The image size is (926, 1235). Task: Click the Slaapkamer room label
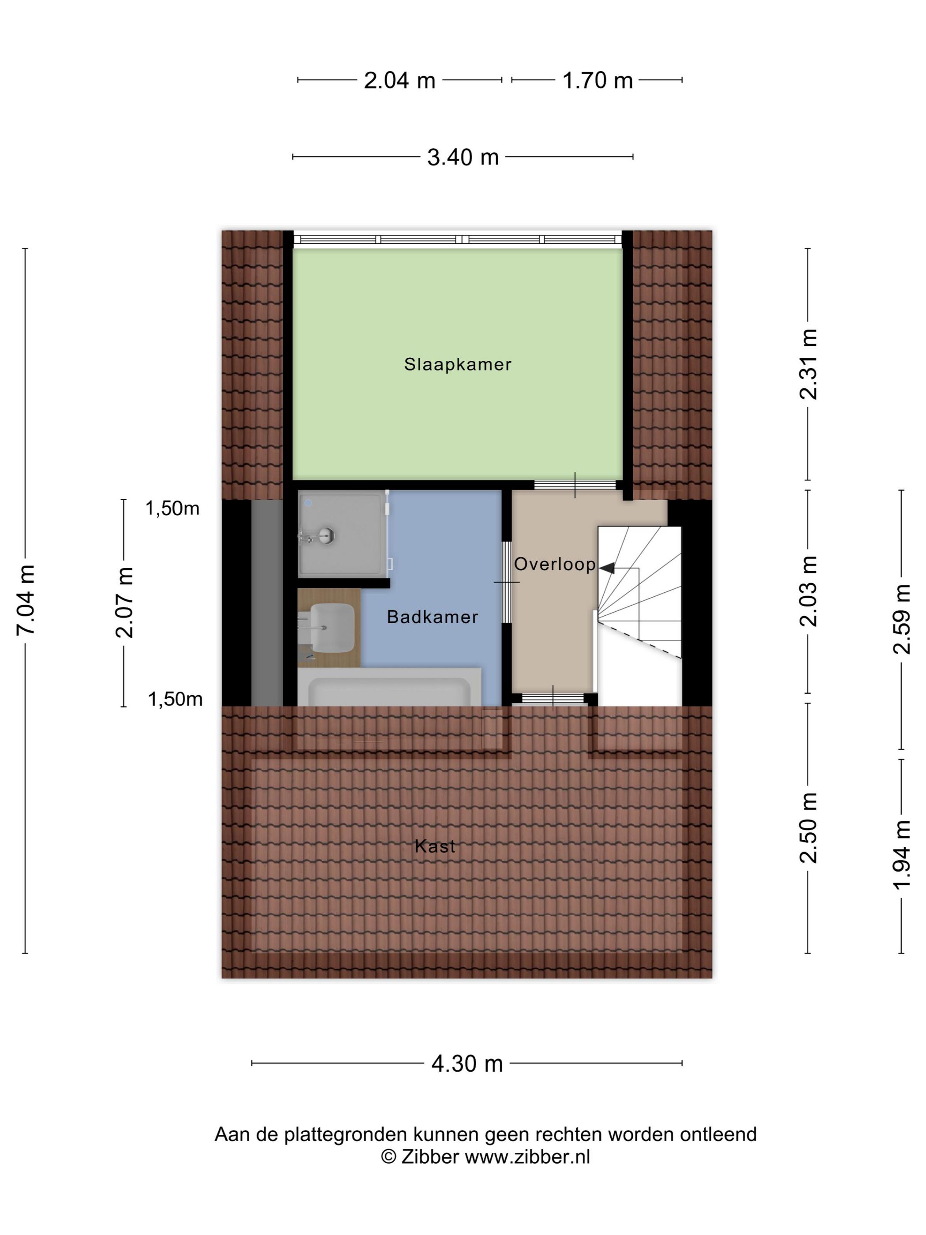click(458, 365)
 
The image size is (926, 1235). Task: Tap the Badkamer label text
click(433, 617)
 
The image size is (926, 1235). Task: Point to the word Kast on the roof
click(435, 846)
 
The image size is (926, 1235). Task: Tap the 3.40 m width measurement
click(463, 157)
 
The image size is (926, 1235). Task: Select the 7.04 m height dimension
click(26, 599)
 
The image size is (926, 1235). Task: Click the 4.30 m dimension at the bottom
click(467, 1064)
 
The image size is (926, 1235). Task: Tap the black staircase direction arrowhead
click(607, 568)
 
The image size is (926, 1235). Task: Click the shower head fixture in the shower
click(320, 536)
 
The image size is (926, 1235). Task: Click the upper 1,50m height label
click(172, 509)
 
